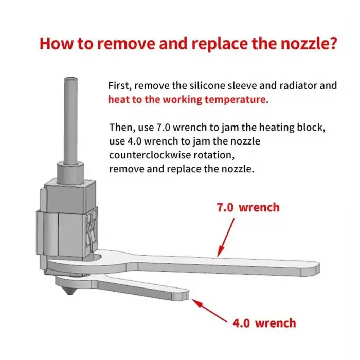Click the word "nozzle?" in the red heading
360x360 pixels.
click(x=309, y=43)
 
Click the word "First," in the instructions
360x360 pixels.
click(x=120, y=86)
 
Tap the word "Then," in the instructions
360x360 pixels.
click(x=122, y=128)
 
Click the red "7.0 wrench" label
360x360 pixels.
click(x=248, y=207)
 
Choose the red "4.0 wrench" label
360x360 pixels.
click(x=264, y=323)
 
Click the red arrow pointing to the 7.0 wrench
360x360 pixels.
click(x=226, y=238)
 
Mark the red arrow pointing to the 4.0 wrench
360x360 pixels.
click(x=209, y=311)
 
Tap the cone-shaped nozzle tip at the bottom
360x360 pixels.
click(x=69, y=291)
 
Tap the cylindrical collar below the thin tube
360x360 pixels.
click(x=70, y=173)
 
